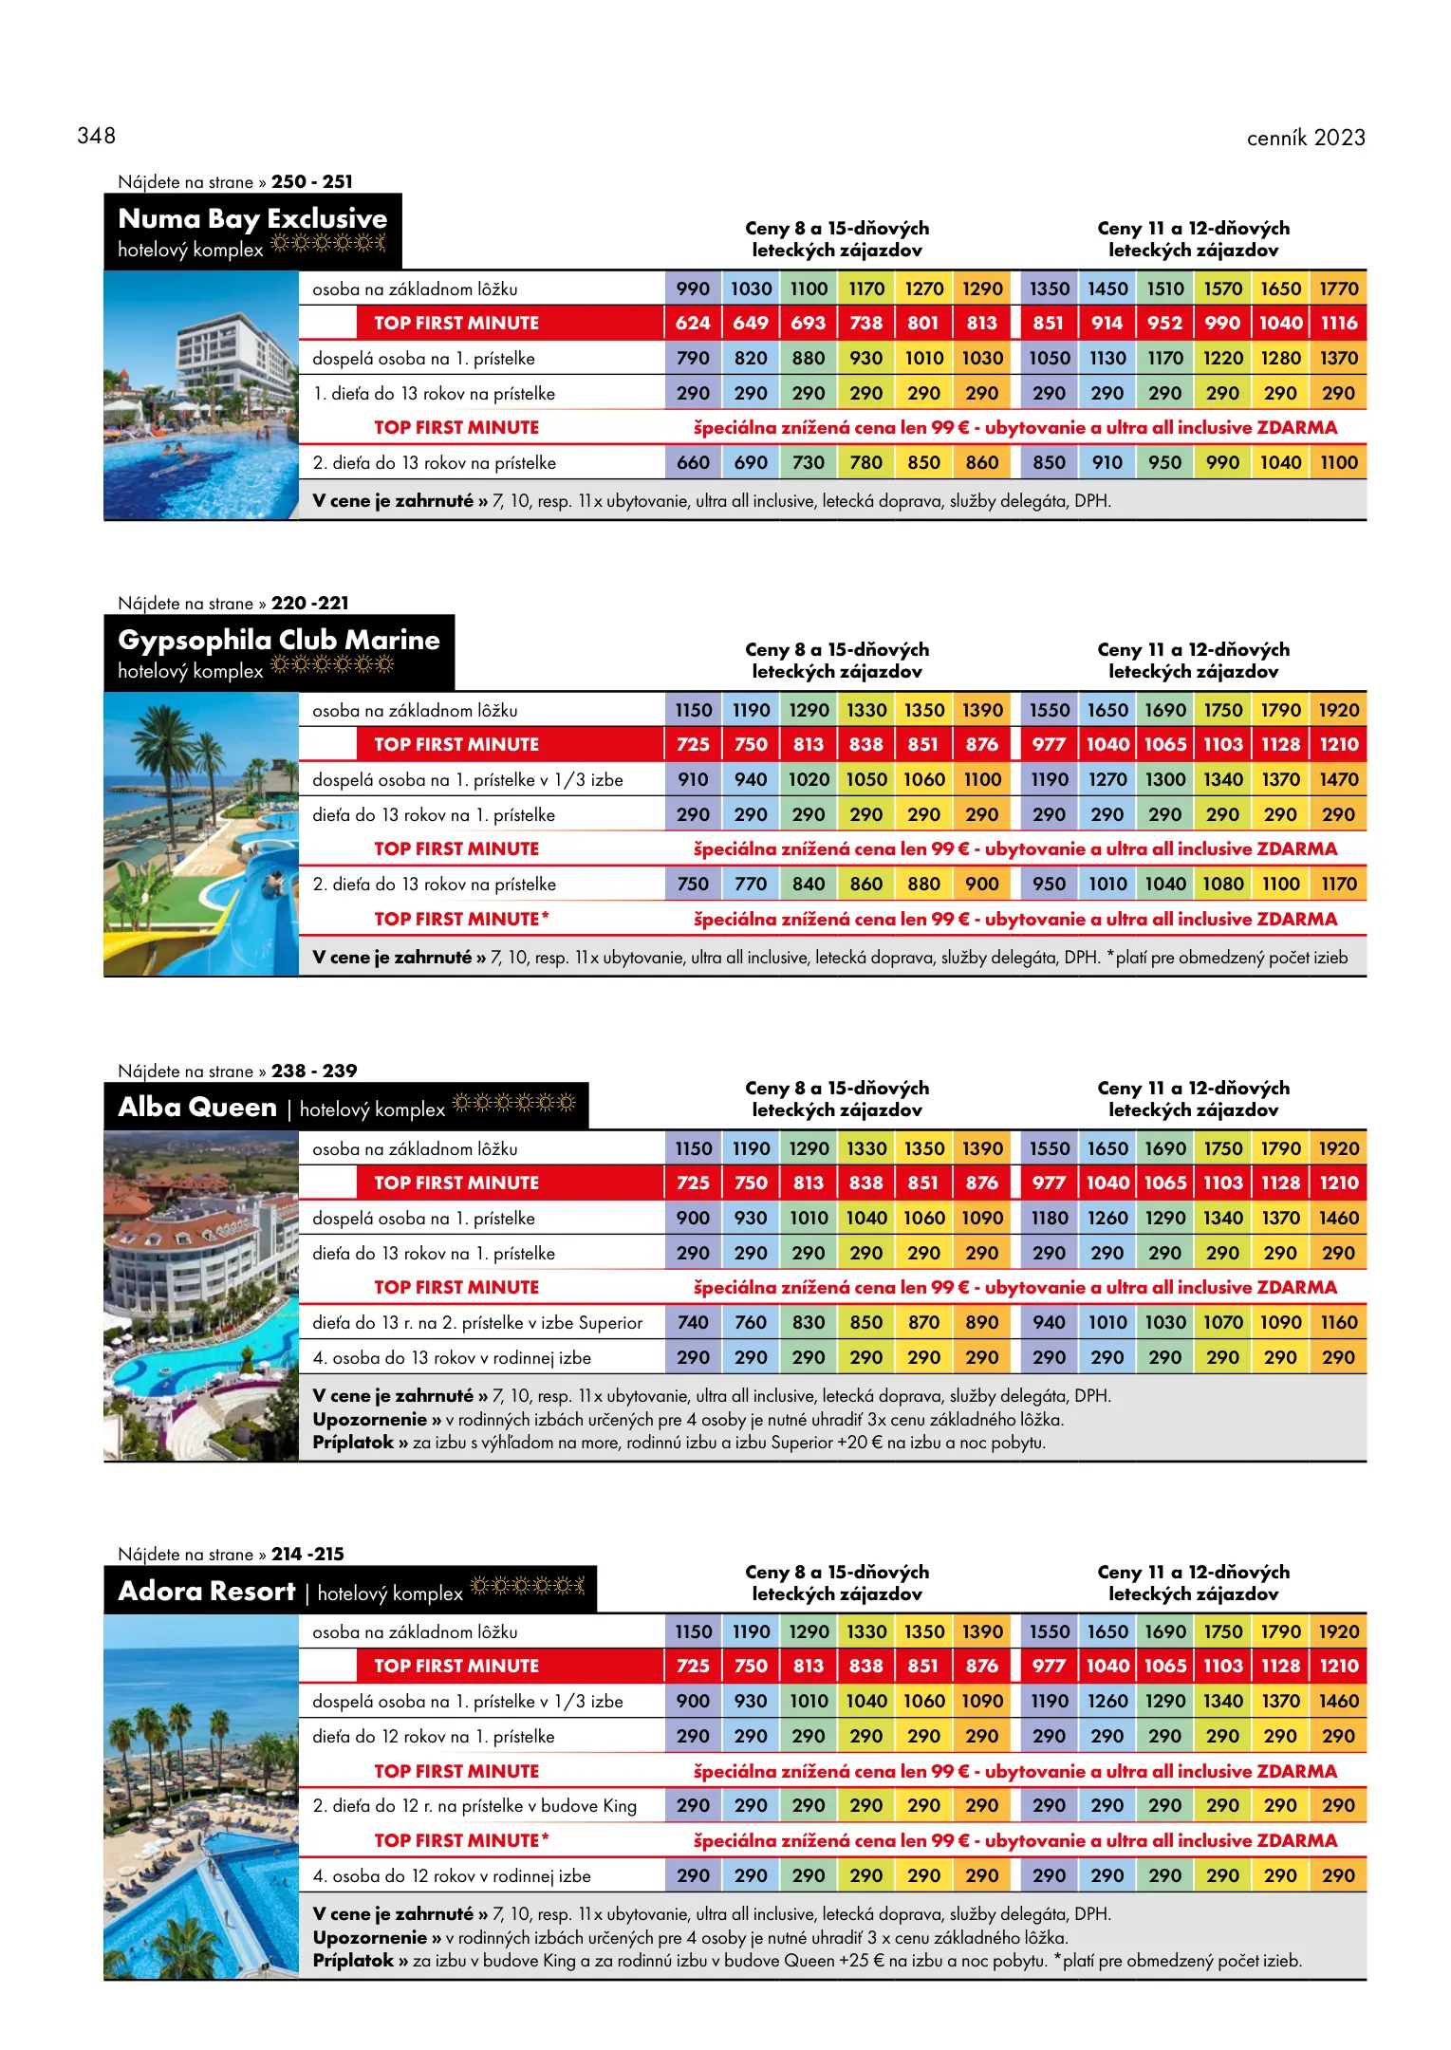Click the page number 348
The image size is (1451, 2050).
96,136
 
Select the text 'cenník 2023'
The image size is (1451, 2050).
1305,138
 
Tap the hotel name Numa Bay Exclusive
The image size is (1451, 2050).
252,219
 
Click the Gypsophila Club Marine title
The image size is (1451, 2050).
279,641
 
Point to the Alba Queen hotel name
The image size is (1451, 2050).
197,1108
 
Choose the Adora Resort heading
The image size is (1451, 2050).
207,1592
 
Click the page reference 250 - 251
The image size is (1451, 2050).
311,181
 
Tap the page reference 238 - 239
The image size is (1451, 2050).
314,1071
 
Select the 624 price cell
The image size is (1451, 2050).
693,324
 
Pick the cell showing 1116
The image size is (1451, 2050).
1338,324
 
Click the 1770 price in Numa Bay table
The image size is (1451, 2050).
1338,289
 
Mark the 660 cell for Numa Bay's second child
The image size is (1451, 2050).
693,463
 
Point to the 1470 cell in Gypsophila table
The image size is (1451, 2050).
1338,780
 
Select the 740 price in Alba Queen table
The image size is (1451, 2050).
693,1323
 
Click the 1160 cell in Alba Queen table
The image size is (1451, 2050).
1338,1323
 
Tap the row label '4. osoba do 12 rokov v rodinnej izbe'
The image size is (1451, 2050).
452,1876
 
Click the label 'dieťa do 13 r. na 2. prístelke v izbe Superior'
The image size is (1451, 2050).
477,1323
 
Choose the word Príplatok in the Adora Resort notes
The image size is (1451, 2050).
353,1961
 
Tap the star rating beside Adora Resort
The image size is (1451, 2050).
527,1586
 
